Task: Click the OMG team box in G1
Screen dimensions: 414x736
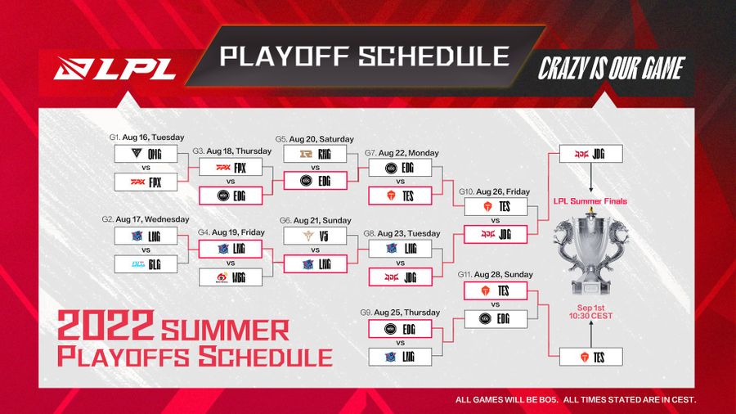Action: pyautogui.click(x=146, y=154)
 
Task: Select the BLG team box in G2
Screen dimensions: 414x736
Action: pyautogui.click(x=146, y=264)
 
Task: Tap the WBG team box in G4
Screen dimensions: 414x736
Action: pyautogui.click(x=230, y=277)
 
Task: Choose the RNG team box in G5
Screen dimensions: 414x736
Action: pyautogui.click(x=314, y=153)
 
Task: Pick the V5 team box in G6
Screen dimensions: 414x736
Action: pyautogui.click(x=314, y=236)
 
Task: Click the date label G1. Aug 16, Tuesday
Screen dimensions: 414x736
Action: pyautogui.click(x=149, y=137)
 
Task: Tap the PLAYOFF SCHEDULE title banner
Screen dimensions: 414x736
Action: pyautogui.click(x=364, y=56)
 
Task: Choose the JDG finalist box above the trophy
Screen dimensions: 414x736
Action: pyautogui.click(x=590, y=153)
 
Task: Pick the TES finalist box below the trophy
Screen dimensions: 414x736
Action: pyautogui.click(x=590, y=357)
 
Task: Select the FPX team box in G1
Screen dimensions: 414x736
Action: pyautogui.click(x=146, y=182)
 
